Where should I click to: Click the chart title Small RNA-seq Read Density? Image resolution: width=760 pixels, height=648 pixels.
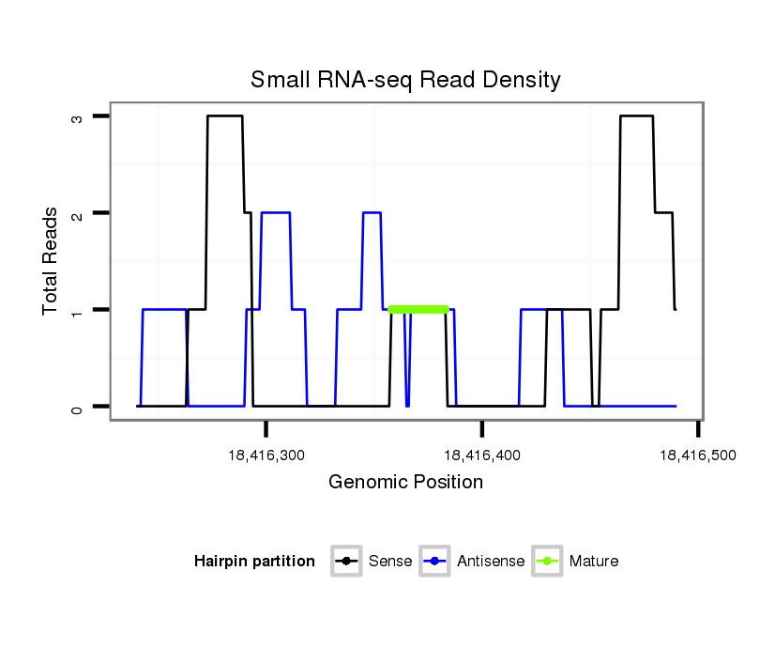click(x=405, y=80)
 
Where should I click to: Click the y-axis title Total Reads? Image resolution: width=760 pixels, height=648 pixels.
click(x=51, y=261)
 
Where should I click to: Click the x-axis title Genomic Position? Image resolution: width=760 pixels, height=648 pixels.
click(x=405, y=483)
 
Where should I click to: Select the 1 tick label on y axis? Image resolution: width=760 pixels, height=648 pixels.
click(x=78, y=310)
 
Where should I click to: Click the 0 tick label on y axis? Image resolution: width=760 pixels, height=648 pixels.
click(x=78, y=407)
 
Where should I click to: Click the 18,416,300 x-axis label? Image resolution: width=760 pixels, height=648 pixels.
click(x=266, y=455)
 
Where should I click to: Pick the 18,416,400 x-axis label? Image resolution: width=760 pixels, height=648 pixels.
click(x=482, y=455)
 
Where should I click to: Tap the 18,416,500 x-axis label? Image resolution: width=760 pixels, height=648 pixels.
click(x=697, y=455)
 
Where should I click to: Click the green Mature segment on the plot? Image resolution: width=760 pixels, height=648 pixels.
click(x=418, y=309)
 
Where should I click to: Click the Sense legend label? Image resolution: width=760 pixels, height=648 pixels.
click(x=390, y=562)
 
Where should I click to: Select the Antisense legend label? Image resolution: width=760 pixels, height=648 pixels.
click(x=491, y=562)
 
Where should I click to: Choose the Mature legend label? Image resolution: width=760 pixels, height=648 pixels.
click(x=594, y=562)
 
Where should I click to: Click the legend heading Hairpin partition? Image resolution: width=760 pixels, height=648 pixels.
click(x=254, y=562)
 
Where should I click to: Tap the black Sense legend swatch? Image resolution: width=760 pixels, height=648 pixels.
click(x=346, y=562)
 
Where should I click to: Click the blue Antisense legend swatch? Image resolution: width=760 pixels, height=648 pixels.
click(x=435, y=562)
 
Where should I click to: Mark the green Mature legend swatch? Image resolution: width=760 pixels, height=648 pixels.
click(x=547, y=562)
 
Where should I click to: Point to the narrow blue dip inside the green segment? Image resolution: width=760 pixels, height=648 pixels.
click(x=407, y=376)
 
